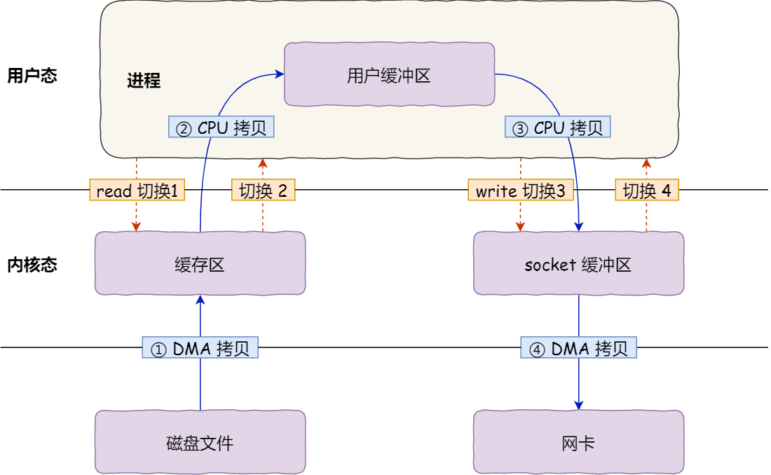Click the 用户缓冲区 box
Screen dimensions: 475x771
pyautogui.click(x=389, y=76)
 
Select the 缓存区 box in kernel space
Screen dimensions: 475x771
pyautogui.click(x=200, y=264)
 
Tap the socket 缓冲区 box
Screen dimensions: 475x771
pyautogui.click(x=578, y=264)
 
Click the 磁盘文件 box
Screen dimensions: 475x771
pyautogui.click(x=200, y=443)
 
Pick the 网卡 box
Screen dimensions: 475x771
pyautogui.click(x=578, y=443)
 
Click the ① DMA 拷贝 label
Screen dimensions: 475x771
pyautogui.click(x=200, y=348)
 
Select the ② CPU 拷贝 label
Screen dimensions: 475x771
pyautogui.click(x=221, y=128)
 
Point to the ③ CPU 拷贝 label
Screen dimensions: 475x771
pyautogui.click(x=558, y=128)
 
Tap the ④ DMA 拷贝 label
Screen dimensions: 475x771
pyautogui.click(x=579, y=348)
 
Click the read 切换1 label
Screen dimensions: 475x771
pyautogui.click(x=137, y=191)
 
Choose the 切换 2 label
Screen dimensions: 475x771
pyautogui.click(x=263, y=191)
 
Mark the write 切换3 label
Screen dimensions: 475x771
pyautogui.click(x=521, y=191)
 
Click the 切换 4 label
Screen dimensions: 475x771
pyautogui.click(x=647, y=191)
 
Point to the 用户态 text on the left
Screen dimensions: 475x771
pyautogui.click(x=32, y=76)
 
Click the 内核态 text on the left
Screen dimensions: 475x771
pyautogui.click(x=32, y=265)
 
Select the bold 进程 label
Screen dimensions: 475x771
pyautogui.click(x=144, y=81)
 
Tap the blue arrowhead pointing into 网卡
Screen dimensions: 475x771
pyautogui.click(x=579, y=405)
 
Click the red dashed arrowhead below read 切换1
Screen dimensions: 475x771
pyautogui.click(x=137, y=226)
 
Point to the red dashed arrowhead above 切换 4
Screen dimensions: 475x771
pyautogui.click(x=647, y=163)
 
